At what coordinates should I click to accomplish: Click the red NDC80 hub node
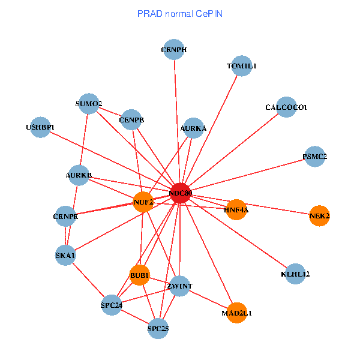(x=181, y=193)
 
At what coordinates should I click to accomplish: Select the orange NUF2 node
(x=143, y=202)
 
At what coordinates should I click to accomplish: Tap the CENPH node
(x=174, y=50)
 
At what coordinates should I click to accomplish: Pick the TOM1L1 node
(x=241, y=66)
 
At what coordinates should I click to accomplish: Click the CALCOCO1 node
(x=286, y=107)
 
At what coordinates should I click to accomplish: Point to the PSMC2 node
(x=315, y=157)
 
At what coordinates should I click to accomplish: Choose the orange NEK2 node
(x=320, y=215)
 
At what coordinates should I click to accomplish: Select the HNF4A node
(x=236, y=209)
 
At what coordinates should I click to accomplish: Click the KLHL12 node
(x=295, y=274)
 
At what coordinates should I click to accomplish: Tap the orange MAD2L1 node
(x=237, y=313)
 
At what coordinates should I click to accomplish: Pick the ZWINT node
(x=180, y=286)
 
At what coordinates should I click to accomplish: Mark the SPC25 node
(x=158, y=328)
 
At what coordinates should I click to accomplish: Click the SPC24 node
(x=112, y=305)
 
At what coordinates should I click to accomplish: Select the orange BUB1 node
(x=140, y=275)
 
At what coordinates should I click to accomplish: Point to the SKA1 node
(x=65, y=256)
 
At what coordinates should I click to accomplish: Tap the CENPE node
(x=65, y=216)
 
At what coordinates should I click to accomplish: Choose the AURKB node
(x=79, y=175)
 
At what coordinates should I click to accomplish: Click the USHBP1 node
(x=40, y=127)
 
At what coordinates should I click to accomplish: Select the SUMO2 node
(x=89, y=104)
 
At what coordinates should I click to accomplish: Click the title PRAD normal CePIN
(x=180, y=13)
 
